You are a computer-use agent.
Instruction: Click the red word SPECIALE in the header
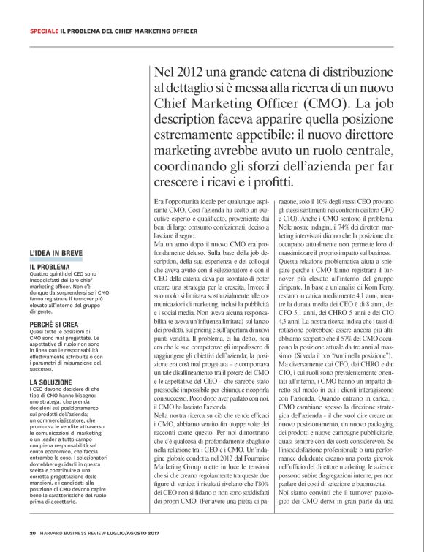pos(44,32)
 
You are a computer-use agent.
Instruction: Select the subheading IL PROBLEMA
pos(50,268)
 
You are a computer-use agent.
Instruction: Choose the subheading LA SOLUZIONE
pos(50,381)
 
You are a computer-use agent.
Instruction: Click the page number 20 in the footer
pos(33,532)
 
